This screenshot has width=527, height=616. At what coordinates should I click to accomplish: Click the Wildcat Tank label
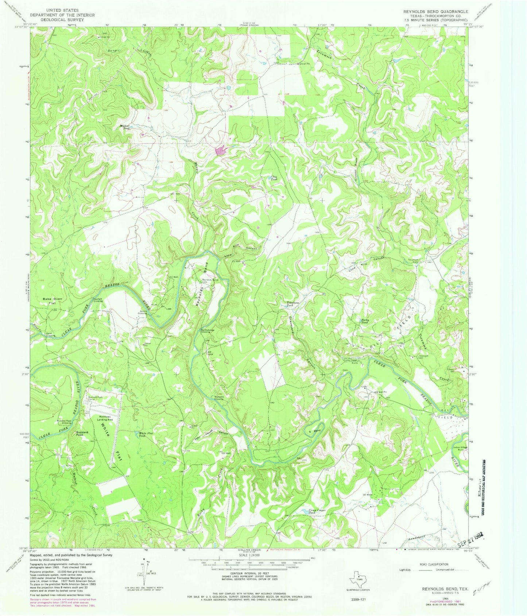125,127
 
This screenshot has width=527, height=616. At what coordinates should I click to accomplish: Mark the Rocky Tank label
364,321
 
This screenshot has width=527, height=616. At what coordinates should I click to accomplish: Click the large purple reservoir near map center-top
221,150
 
